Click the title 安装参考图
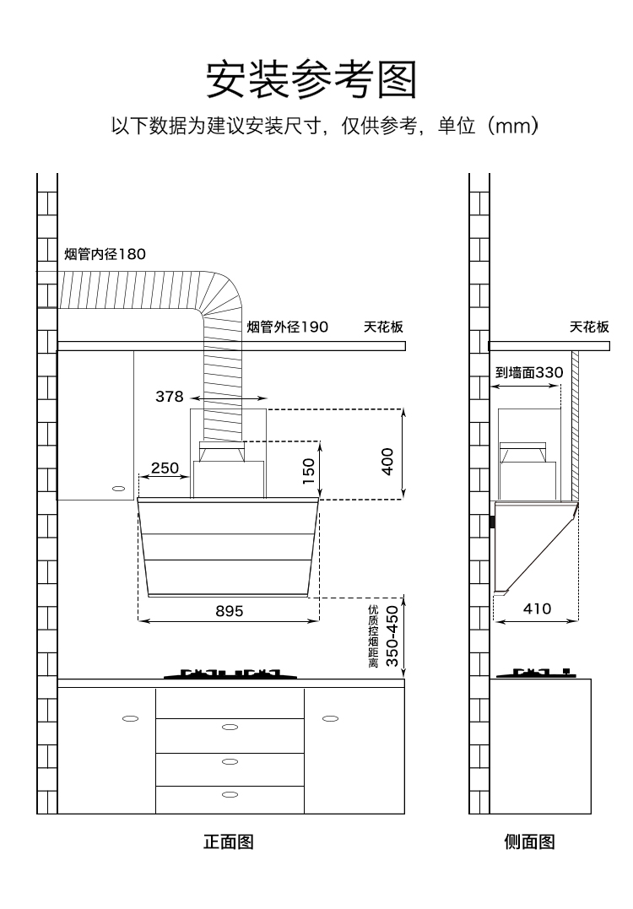(312, 78)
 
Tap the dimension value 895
(229, 611)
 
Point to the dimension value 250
(165, 468)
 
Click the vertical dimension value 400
(388, 462)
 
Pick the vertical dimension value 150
(309, 468)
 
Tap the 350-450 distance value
(392, 636)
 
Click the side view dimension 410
(537, 609)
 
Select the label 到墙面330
(528, 372)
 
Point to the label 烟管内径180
(105, 253)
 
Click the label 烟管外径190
(287, 327)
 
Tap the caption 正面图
(229, 841)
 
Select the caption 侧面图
(529, 841)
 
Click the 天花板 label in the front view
(383, 327)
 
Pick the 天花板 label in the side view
(589, 327)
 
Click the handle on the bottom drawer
(230, 794)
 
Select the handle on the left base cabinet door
(130, 719)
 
